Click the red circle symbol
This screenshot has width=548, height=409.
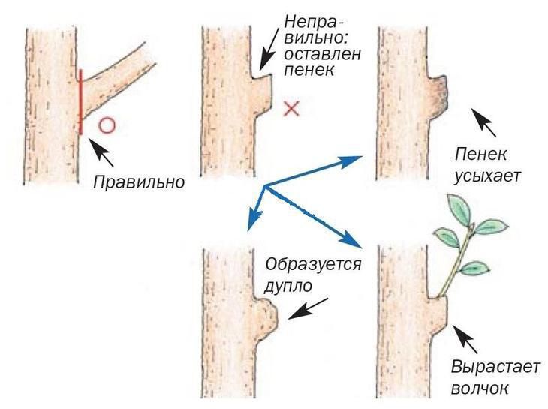[107, 126]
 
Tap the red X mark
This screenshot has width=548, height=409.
[291, 108]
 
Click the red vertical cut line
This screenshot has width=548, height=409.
[81, 101]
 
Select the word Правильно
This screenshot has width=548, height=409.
[139, 182]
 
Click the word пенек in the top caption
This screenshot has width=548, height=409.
[309, 71]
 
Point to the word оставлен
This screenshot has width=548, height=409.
[322, 54]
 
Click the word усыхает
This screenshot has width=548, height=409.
[487, 176]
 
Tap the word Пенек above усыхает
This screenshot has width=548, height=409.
[481, 154]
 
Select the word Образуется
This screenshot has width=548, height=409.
[313, 264]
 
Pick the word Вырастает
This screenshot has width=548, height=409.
[495, 367]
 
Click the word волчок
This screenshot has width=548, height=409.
[480, 389]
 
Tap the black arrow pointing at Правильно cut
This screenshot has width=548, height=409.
[101, 152]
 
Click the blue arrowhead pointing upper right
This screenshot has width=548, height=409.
[351, 161]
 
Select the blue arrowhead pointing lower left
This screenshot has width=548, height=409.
[254, 220]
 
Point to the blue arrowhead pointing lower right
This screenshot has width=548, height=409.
[351, 239]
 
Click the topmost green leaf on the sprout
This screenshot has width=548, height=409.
[459, 207]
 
